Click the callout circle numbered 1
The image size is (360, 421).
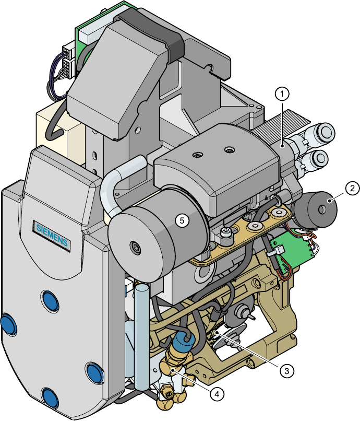coord(282,94)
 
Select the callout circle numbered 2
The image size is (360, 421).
coord(353,188)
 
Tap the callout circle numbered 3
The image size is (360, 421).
coord(287,371)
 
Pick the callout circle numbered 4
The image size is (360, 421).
coord(217,394)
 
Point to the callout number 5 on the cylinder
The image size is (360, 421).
coord(182,220)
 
